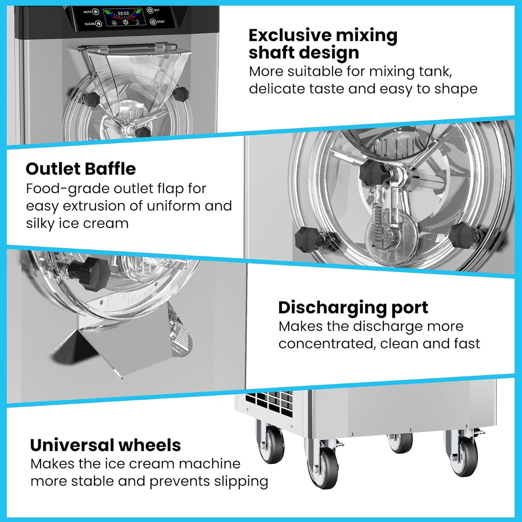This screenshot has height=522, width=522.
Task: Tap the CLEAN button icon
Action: [x=99, y=24]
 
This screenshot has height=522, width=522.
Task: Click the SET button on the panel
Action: [x=150, y=10]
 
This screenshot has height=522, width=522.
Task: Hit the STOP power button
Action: [x=153, y=22]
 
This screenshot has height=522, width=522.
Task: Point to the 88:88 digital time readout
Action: [x=123, y=13]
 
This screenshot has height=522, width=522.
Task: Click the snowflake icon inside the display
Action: [x=126, y=22]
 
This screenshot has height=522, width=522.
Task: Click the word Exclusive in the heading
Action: [x=290, y=35]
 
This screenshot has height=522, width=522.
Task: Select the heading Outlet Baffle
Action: [x=81, y=169]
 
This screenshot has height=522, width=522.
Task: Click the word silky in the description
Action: [x=40, y=224]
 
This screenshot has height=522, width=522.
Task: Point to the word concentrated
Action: [x=327, y=344]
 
